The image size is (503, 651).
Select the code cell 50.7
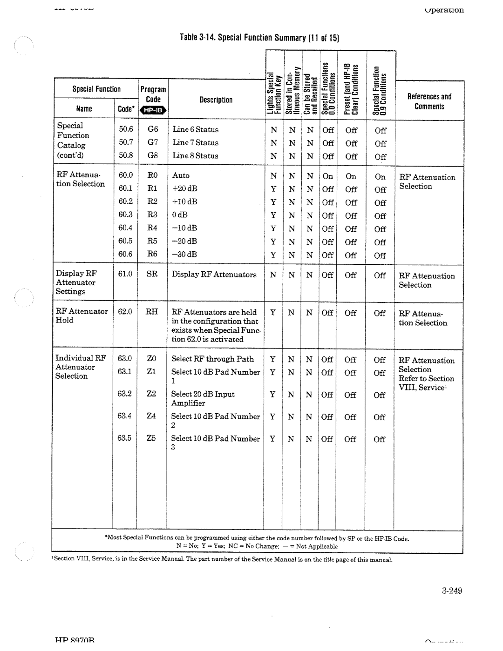(125, 142)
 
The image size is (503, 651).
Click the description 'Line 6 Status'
(195, 129)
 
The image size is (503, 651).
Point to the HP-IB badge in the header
(153, 110)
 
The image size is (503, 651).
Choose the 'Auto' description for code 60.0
(181, 175)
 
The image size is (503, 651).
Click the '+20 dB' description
(185, 188)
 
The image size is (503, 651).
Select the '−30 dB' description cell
(184, 254)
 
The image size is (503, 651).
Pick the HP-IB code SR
(152, 274)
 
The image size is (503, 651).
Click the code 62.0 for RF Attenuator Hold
(125, 311)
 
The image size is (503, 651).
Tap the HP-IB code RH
(152, 311)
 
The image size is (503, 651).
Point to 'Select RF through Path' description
(212, 359)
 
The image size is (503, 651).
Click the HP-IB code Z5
(151, 438)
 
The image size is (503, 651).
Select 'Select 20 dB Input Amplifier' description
(203, 398)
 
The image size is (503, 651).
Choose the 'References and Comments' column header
(429, 101)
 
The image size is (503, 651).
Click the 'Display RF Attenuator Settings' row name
(76, 282)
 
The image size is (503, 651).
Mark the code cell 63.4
(124, 416)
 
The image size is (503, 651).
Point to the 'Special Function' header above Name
(96, 89)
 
